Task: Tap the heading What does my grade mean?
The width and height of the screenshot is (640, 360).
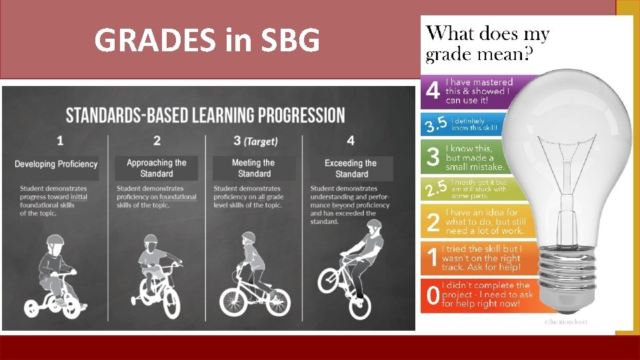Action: (489, 43)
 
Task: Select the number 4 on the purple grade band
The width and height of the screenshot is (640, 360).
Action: (433, 91)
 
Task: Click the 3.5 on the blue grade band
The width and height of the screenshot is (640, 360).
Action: (436, 125)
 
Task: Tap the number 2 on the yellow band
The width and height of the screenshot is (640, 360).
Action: (433, 222)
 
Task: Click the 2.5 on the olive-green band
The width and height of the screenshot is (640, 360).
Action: (436, 189)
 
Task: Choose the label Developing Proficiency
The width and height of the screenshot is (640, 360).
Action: (56, 164)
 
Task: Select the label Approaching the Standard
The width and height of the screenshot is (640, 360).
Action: (157, 168)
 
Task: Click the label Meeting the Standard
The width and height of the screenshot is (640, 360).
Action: (253, 168)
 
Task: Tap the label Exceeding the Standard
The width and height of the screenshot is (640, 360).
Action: (351, 168)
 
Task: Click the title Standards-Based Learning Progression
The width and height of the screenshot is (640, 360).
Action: (205, 115)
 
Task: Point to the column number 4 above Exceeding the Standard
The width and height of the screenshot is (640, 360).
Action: (351, 141)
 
